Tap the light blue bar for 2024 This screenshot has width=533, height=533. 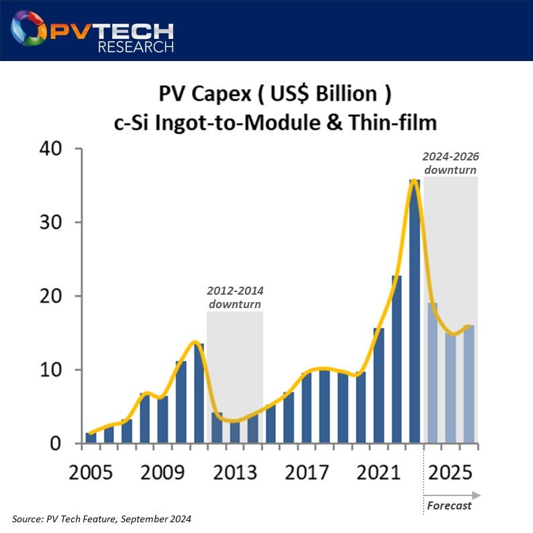(432, 373)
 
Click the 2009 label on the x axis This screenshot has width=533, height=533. (162, 473)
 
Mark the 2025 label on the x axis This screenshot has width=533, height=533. (450, 473)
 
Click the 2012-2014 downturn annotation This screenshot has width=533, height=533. (234, 298)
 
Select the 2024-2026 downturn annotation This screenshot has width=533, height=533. (450, 163)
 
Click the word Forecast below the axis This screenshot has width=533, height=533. (449, 505)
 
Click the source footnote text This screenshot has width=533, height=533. (102, 519)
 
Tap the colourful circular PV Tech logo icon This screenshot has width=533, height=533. (28, 28)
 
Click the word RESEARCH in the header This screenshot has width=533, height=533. (136, 46)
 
